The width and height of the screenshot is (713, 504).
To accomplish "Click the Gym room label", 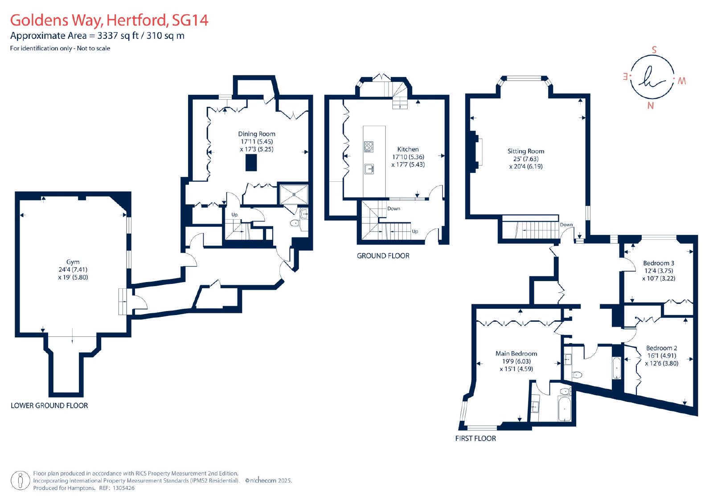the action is (x=73, y=262).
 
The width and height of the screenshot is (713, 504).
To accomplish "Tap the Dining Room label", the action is (x=257, y=134).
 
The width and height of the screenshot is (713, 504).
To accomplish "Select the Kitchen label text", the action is (x=408, y=149).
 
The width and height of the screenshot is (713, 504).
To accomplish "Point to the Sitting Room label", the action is (x=525, y=151).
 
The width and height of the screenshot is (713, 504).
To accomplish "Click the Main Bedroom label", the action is (x=516, y=353).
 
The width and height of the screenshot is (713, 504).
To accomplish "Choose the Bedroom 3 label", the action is (x=659, y=263).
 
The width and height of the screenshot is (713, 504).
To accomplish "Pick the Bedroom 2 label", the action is (x=661, y=348).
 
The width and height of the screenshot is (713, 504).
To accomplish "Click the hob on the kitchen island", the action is (x=369, y=147).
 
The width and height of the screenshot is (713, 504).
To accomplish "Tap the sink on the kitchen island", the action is (x=369, y=169).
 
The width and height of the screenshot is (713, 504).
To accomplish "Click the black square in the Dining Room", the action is (x=251, y=163).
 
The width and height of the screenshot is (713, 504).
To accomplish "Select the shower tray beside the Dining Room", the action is (x=294, y=194).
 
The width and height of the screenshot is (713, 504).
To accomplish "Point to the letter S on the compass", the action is (x=654, y=49).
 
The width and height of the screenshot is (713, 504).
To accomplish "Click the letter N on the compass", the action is (x=650, y=106).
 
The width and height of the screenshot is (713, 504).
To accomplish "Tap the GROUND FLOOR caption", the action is (x=383, y=256).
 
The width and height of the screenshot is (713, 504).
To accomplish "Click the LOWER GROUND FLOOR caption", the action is (x=49, y=406).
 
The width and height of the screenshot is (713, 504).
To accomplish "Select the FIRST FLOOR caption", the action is (x=475, y=438).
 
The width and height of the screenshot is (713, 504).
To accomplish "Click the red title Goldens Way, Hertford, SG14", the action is (x=109, y=20).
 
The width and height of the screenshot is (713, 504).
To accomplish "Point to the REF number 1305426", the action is (x=123, y=488).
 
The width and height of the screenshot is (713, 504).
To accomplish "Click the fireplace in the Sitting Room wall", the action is (x=475, y=152).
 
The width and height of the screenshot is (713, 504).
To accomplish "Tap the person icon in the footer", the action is (x=20, y=481).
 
